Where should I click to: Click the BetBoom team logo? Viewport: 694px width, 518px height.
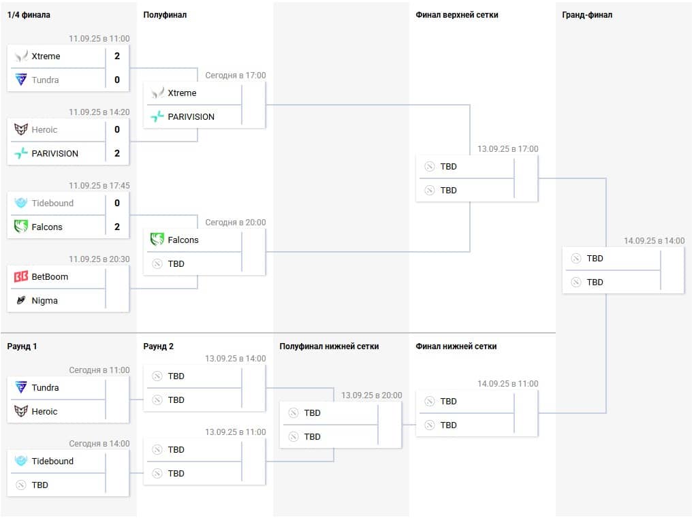[21, 277]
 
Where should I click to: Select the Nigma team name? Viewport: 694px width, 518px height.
[45, 301]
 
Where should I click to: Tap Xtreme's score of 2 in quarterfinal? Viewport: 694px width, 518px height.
[117, 56]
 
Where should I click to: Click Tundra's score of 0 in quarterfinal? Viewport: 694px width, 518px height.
[117, 80]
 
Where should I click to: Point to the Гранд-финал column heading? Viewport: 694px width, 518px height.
[587, 15]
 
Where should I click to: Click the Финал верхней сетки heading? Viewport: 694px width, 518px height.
[456, 15]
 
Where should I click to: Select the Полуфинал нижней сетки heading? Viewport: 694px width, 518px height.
[329, 346]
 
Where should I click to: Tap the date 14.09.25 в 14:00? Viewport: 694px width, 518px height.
[654, 241]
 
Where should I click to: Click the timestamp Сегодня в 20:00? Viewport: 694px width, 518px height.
[236, 223]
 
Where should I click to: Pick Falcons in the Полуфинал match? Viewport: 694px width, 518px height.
[183, 240]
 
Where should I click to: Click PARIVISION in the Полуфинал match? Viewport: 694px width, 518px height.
[191, 117]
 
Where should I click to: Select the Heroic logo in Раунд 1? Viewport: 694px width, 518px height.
[21, 412]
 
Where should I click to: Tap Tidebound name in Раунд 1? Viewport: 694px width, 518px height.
[52, 462]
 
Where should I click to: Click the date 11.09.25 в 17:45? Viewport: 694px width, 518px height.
[99, 186]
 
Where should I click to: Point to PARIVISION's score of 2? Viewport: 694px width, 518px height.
[117, 154]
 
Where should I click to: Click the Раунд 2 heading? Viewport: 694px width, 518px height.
[159, 346]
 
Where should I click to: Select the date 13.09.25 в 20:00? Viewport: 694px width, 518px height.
[371, 395]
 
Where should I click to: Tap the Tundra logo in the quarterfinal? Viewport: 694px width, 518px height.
[21, 80]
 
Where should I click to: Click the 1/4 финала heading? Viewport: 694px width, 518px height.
[29, 15]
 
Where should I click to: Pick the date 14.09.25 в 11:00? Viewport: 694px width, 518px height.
[507, 384]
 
